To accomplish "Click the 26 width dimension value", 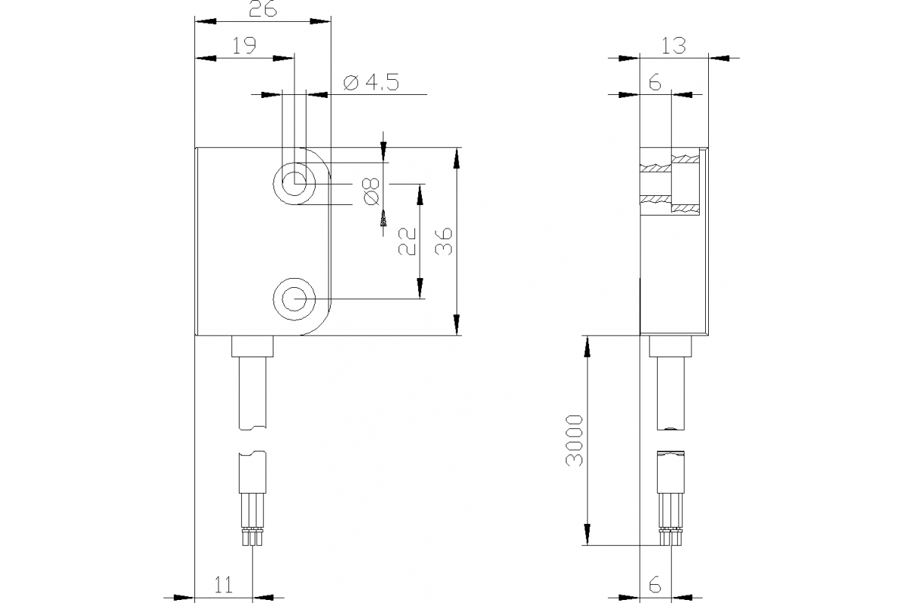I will pos(262,9).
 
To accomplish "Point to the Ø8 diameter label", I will pos(370,191).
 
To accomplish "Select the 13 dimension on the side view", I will pos(673,45).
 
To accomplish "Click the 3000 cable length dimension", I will pos(576,440).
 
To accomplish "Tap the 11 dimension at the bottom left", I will pos(223,584).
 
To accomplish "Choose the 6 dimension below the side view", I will pos(654,584).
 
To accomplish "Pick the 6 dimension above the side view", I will pos(654,83).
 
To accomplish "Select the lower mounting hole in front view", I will pos(295,299).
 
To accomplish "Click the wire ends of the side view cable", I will pos(670,537).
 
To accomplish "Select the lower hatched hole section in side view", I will pos(670,203).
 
